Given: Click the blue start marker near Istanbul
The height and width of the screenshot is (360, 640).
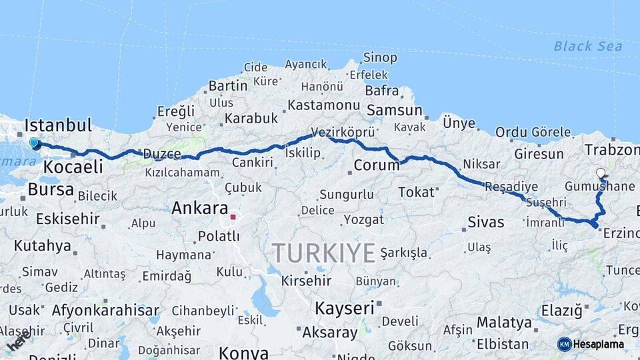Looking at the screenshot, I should click(x=34, y=143).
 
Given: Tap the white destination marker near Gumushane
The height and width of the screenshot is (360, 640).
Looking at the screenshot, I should click(x=601, y=173).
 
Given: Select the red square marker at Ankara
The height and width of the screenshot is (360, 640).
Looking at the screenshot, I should click(x=233, y=217).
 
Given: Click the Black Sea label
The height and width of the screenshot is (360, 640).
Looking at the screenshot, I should click(x=587, y=46).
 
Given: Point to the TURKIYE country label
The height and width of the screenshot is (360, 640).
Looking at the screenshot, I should click(x=323, y=253).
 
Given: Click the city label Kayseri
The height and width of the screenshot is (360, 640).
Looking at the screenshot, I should click(x=345, y=308).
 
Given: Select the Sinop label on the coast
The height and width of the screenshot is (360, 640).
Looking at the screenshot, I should click(x=380, y=58).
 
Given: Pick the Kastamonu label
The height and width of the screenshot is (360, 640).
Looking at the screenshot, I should click(x=324, y=105).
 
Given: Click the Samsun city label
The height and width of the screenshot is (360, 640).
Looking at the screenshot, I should click(x=395, y=111).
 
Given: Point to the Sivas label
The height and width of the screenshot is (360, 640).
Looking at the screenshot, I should click(x=486, y=222).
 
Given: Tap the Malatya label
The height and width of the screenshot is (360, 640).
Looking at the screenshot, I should click(x=504, y=323).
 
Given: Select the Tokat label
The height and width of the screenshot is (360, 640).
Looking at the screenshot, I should click(x=416, y=192).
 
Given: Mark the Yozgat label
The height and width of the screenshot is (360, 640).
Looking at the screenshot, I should click(x=363, y=219).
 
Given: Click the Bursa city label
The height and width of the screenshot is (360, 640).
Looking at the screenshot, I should click(x=51, y=190).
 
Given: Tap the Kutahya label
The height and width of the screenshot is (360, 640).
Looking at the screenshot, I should click(x=42, y=245).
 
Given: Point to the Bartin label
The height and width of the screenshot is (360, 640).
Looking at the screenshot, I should click(x=228, y=86).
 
